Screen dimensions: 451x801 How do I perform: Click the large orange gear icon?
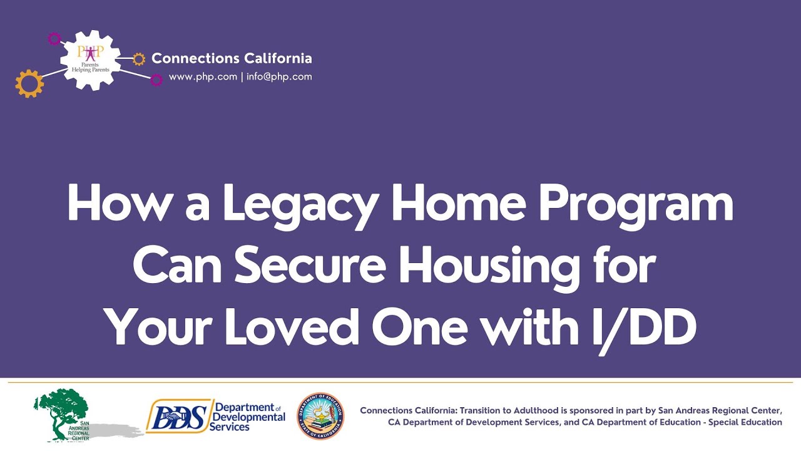pyautogui.click(x=29, y=83)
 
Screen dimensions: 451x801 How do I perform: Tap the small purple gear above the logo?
pyautogui.click(x=54, y=39)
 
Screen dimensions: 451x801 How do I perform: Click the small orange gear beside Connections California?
pyautogui.click(x=139, y=59)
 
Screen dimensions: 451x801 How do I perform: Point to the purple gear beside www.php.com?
pyautogui.click(x=156, y=80)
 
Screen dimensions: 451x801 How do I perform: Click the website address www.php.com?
pyautogui.click(x=203, y=77)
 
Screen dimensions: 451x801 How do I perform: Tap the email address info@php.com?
pyautogui.click(x=278, y=77)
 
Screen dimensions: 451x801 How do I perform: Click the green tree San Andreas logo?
pyautogui.click(x=61, y=413)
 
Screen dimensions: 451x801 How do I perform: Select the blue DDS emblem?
pyautogui.click(x=177, y=416)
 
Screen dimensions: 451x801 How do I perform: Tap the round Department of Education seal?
pyautogui.click(x=320, y=416)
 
